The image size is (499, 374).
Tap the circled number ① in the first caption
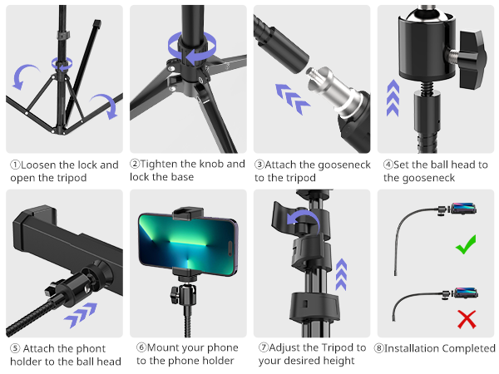(x=14, y=165)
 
